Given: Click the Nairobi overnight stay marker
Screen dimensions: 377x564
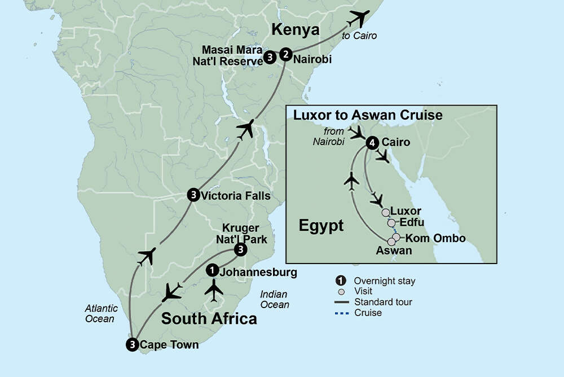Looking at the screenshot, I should pyautogui.click(x=287, y=55).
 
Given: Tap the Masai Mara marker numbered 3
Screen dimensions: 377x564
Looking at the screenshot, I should pyautogui.click(x=270, y=57).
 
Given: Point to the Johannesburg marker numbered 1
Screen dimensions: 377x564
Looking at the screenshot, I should pyautogui.click(x=211, y=271).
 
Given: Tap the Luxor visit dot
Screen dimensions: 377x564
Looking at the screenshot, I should pyautogui.click(x=386, y=212).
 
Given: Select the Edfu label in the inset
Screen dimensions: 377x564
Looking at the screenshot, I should pyautogui.click(x=412, y=223).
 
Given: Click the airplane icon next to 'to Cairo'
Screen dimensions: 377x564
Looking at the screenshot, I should pyautogui.click(x=359, y=19).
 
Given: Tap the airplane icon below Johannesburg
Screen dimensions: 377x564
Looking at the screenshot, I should pyautogui.click(x=214, y=291).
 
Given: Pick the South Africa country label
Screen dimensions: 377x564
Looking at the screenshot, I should pyautogui.click(x=209, y=318).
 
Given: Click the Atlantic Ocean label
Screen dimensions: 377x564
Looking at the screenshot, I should pyautogui.click(x=102, y=314).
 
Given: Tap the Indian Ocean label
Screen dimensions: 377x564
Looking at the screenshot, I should pyautogui.click(x=275, y=300).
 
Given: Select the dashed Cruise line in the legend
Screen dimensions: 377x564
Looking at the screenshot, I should pyautogui.click(x=340, y=313).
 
